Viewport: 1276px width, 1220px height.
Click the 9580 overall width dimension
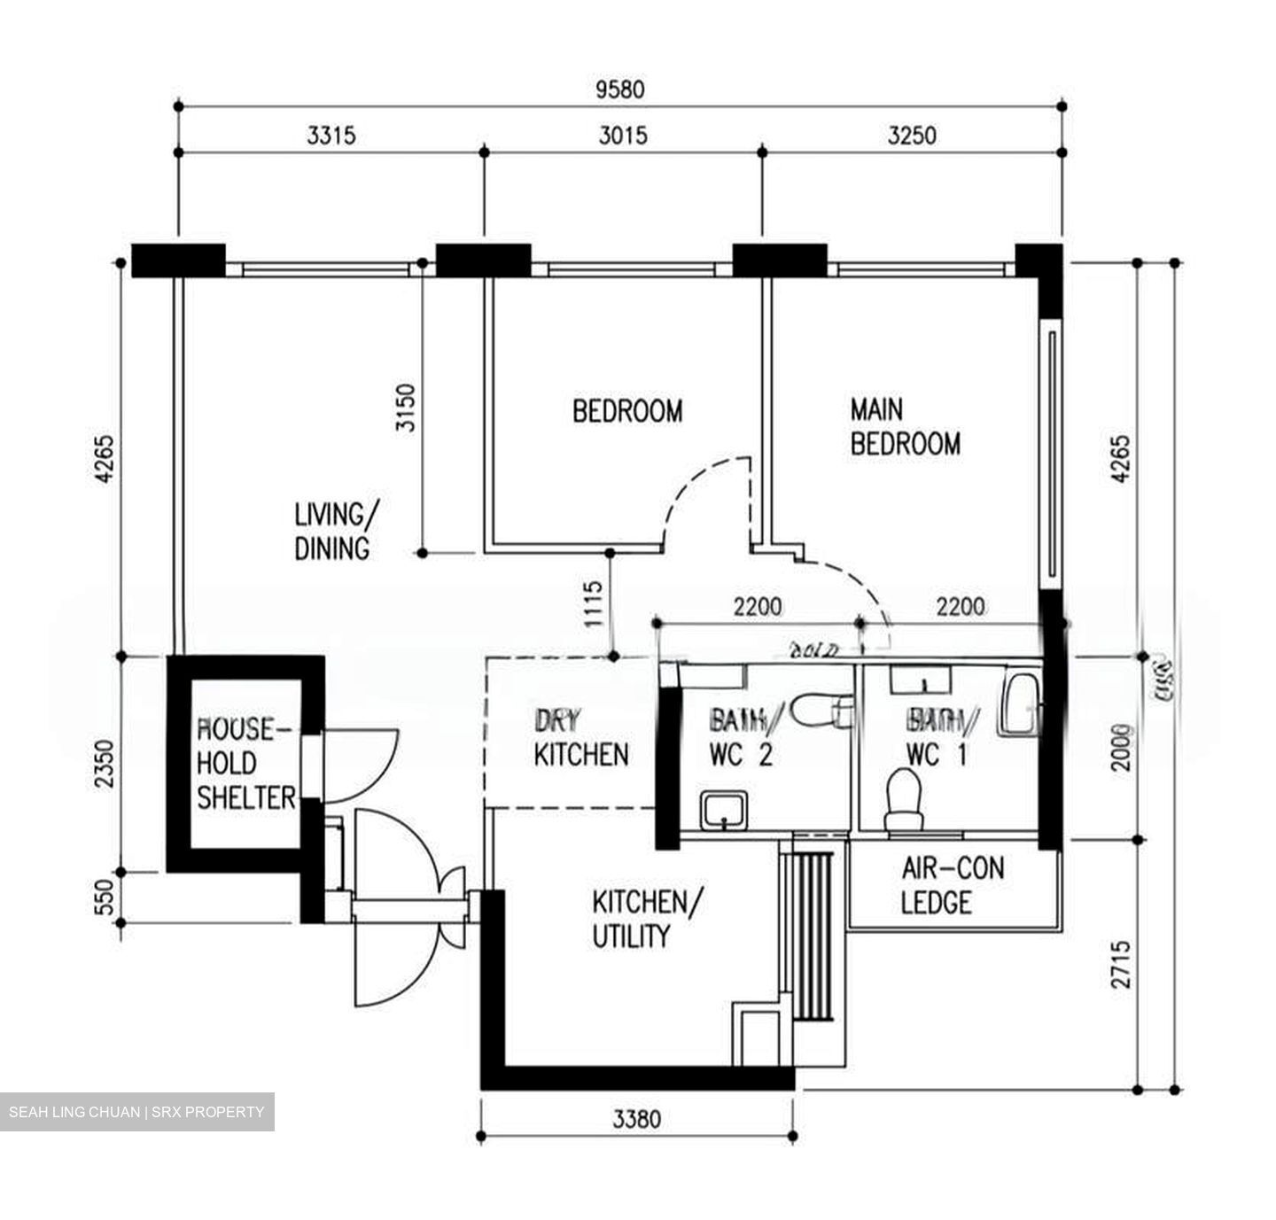click(620, 89)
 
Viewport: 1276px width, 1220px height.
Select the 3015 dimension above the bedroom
click(623, 136)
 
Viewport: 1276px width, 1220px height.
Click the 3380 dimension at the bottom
click(636, 1120)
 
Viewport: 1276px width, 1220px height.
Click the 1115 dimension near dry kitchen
click(593, 604)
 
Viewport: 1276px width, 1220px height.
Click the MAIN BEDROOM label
click(905, 426)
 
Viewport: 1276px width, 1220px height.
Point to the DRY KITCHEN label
click(580, 737)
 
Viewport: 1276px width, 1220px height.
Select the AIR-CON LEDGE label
click(952, 885)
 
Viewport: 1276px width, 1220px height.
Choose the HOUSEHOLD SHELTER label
click(245, 764)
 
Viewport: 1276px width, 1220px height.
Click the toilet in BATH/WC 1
click(905, 799)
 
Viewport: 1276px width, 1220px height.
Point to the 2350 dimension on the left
click(105, 764)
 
